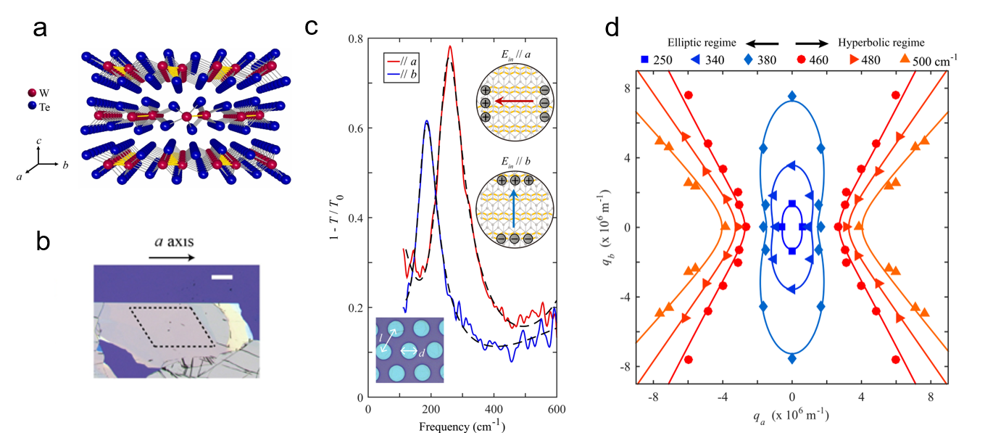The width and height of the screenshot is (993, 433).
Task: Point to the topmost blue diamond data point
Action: coord(792,96)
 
